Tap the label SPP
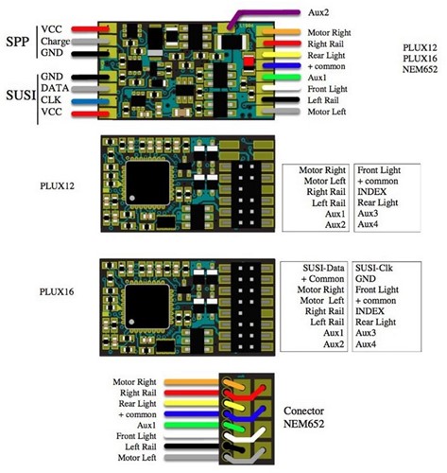click(x=18, y=42)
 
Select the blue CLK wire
click(x=90, y=101)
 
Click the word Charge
click(x=55, y=42)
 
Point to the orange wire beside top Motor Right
click(x=282, y=32)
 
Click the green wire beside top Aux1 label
click(x=282, y=77)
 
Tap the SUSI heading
click(x=21, y=95)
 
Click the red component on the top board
click(x=249, y=61)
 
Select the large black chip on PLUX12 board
click(x=147, y=183)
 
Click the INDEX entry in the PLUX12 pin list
click(x=371, y=192)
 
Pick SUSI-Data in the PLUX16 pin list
click(x=323, y=268)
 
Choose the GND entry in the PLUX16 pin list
click(x=366, y=279)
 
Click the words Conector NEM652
click(x=303, y=417)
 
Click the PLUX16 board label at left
click(x=57, y=291)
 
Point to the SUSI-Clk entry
click(x=374, y=268)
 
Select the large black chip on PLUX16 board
click(x=147, y=307)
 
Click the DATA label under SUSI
click(x=55, y=88)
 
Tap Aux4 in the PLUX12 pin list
click(x=368, y=224)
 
